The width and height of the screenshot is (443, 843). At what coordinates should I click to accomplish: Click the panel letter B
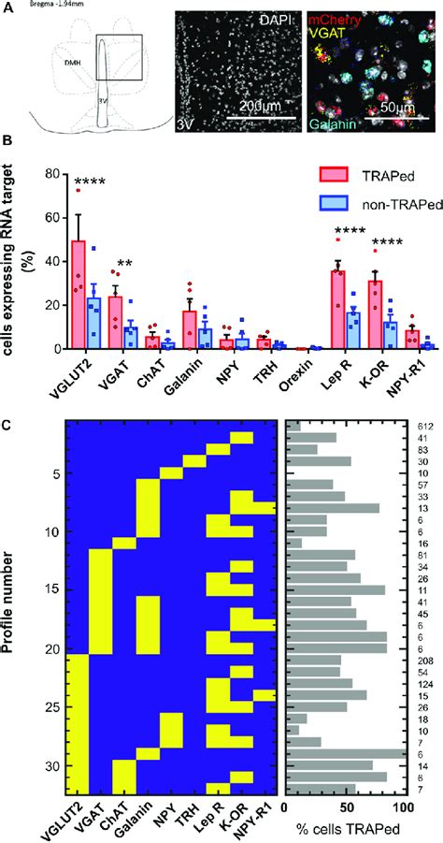7,142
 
